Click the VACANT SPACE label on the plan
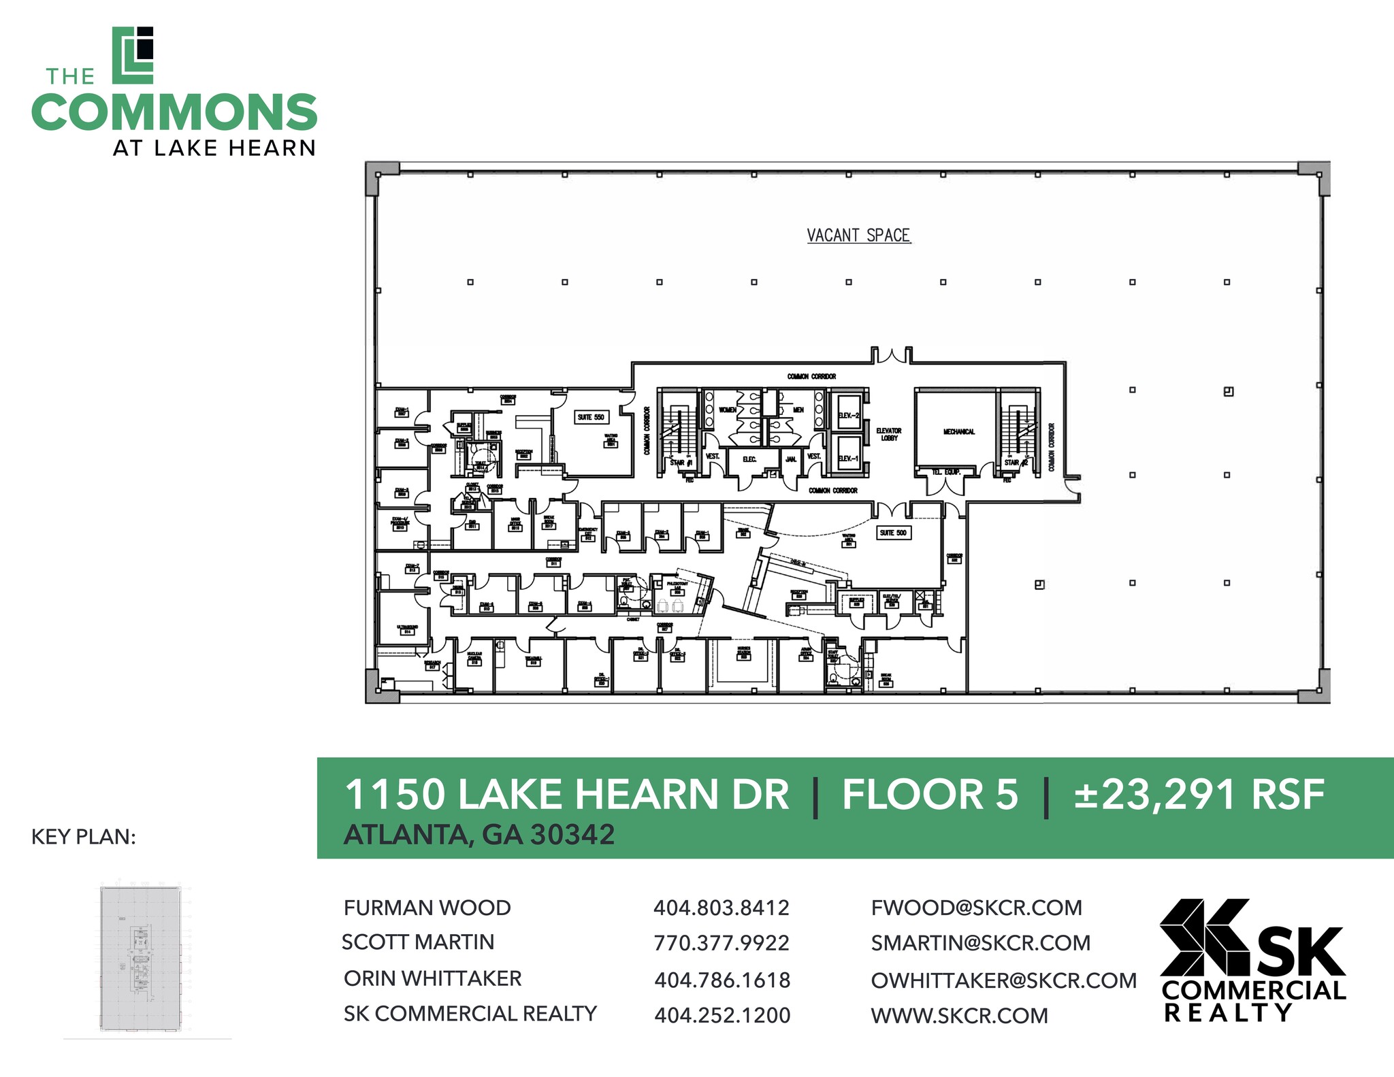coord(858,235)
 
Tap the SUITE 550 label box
coord(590,417)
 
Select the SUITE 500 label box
coord(893,533)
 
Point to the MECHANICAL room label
coord(958,431)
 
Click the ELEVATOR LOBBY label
coord(888,434)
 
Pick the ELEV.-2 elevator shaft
coord(849,412)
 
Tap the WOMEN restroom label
coord(728,410)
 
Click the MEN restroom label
coord(798,410)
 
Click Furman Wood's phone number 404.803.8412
coord(721,908)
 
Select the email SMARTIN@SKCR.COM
coord(980,943)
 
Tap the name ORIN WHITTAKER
coord(432,978)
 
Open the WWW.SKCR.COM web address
coord(959,1016)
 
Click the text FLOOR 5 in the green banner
coord(930,795)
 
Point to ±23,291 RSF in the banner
coord(1199,795)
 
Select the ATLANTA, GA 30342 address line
coord(479,835)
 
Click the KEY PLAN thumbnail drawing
coord(141,958)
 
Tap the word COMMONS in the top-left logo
coord(174,112)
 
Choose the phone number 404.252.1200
coord(722,1015)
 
